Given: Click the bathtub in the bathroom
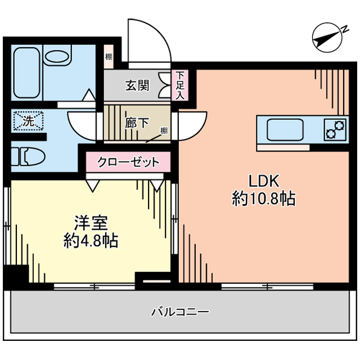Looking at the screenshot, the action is pyautogui.click(x=27, y=73).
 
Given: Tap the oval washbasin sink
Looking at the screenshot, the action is pyautogui.click(x=57, y=56).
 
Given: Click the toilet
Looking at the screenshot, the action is pyautogui.click(x=29, y=156).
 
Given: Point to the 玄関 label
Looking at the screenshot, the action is pyautogui.click(x=137, y=85).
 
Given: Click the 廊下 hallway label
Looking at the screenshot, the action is pyautogui.click(x=137, y=123).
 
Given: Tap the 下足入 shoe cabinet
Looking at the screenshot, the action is pyautogui.click(x=180, y=85).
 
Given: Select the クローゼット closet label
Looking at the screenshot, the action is pyautogui.click(x=128, y=162).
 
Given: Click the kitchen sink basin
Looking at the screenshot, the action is pyautogui.click(x=285, y=130).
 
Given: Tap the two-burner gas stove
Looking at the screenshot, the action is pyautogui.click(x=335, y=130).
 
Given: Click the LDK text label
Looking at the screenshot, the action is pyautogui.click(x=264, y=181).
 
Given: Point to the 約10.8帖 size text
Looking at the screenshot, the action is pyautogui.click(x=264, y=199).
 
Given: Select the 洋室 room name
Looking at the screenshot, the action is pyautogui.click(x=91, y=223).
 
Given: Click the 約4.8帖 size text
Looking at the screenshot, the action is pyautogui.click(x=91, y=240).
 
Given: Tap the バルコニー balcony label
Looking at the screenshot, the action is pyautogui.click(x=180, y=312).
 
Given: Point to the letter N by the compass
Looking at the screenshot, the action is pyautogui.click(x=345, y=29).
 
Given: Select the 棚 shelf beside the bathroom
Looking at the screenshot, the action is pyautogui.click(x=109, y=56).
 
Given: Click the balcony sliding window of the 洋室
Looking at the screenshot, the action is pyautogui.click(x=94, y=286).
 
